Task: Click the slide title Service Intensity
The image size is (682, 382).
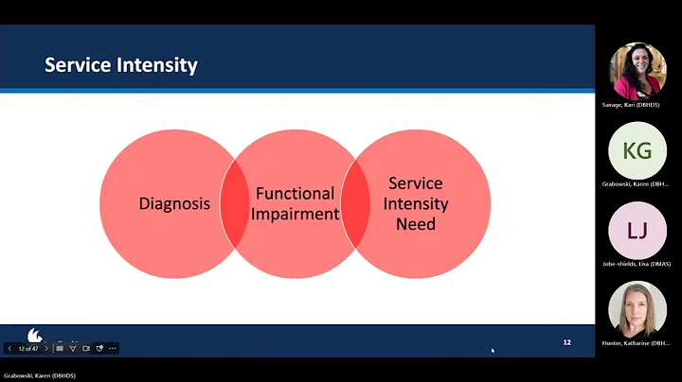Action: tap(121, 65)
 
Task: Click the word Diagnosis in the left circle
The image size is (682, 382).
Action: tap(174, 202)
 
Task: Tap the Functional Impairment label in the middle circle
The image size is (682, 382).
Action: tap(296, 203)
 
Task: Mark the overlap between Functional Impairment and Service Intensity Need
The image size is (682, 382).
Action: tap(356, 203)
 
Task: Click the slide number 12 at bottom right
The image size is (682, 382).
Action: tap(566, 341)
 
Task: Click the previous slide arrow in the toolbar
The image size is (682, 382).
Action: tap(10, 348)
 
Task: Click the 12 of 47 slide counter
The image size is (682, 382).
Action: tap(28, 348)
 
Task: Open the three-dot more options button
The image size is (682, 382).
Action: tap(113, 348)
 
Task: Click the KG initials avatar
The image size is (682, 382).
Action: tap(637, 149)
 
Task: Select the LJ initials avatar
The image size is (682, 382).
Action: tap(637, 230)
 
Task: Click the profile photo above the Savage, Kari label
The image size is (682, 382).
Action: tap(637, 69)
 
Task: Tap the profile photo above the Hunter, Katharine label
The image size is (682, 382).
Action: tap(637, 309)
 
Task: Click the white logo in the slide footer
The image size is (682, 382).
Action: tap(34, 335)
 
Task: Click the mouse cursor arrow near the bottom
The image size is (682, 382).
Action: tap(493, 350)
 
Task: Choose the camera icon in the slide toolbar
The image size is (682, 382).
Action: tap(86, 348)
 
